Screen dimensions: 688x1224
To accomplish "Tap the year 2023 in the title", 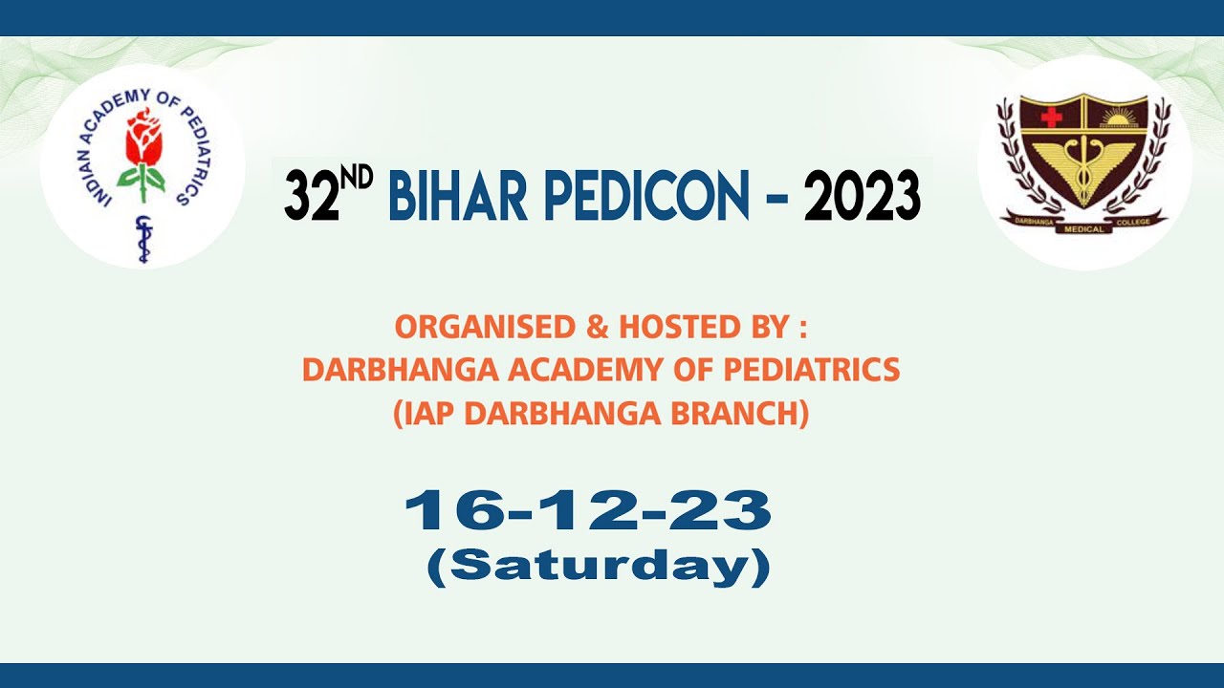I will pyautogui.click(x=862, y=196).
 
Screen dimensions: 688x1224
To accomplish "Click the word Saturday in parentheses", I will pyautogui.click(x=599, y=567).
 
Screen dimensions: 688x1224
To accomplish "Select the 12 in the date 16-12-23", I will pyautogui.click(x=586, y=511).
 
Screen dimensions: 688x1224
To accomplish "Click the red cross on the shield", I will pyautogui.click(x=1052, y=117).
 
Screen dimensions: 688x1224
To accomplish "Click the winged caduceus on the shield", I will pyautogui.click(x=1083, y=167).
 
